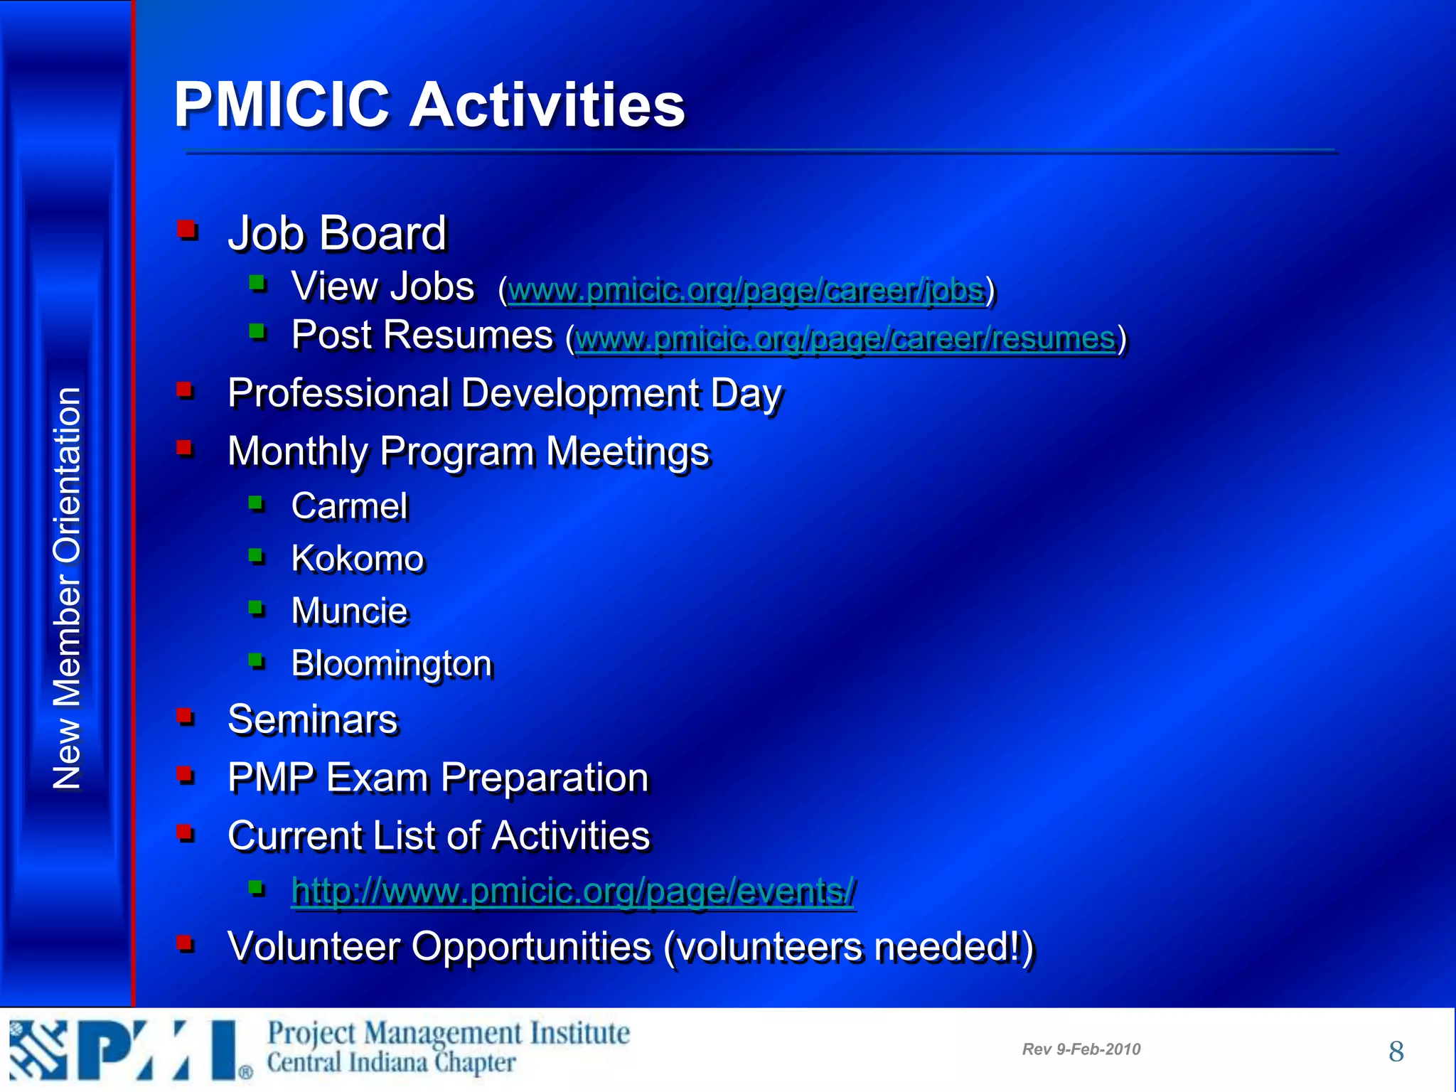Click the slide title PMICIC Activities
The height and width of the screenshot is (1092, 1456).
429,105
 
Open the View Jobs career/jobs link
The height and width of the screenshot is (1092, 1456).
746,290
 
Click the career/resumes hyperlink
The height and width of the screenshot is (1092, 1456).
845,338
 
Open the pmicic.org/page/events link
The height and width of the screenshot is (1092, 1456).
573,891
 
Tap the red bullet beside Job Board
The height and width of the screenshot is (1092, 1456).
187,230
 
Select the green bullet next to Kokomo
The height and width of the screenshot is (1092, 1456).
257,555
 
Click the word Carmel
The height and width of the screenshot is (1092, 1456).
350,506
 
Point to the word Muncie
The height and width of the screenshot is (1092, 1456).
350,611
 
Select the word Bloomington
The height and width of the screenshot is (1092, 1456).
392,664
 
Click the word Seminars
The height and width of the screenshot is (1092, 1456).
313,719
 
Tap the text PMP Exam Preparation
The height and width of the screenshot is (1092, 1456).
438,777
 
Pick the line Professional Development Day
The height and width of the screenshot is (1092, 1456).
504,393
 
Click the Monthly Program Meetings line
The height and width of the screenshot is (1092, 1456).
469,451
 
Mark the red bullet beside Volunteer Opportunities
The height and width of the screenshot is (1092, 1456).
186,943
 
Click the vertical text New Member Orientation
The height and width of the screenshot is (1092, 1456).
67,588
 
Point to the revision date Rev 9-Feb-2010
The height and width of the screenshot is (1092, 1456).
1081,1049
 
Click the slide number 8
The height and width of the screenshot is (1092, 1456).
1396,1051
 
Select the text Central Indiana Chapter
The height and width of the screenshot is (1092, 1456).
391,1064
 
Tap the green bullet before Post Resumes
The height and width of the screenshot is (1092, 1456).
257,331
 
